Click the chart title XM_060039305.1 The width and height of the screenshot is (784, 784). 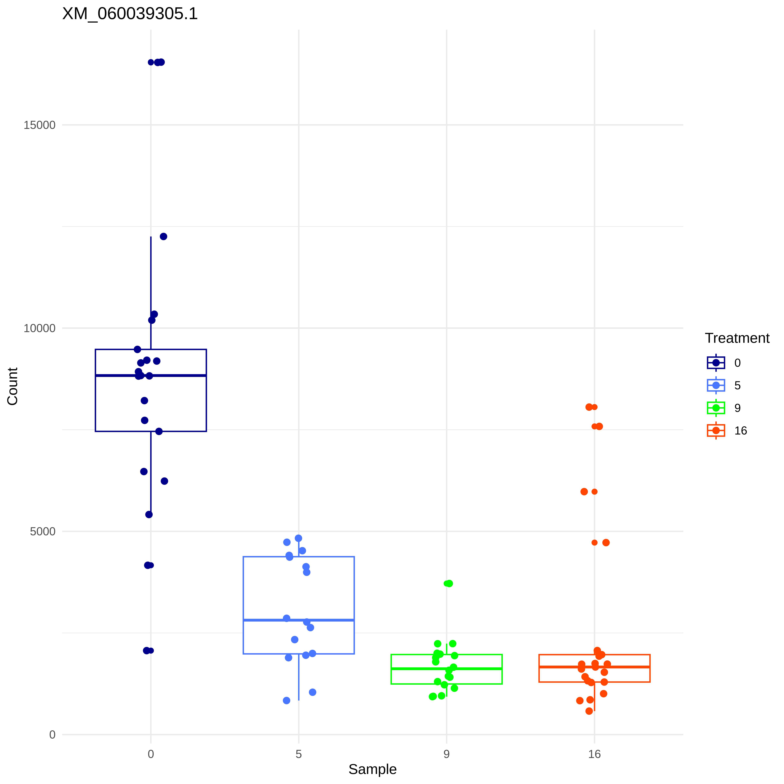pos(130,14)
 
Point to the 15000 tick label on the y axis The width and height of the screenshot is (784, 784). pos(39,125)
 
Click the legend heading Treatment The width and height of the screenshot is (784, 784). pos(737,338)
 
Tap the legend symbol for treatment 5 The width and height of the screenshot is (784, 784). pos(716,385)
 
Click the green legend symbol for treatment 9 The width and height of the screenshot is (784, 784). pos(716,408)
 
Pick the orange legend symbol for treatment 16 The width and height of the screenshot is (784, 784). pos(716,431)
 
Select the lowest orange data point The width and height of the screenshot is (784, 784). pos(589,711)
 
